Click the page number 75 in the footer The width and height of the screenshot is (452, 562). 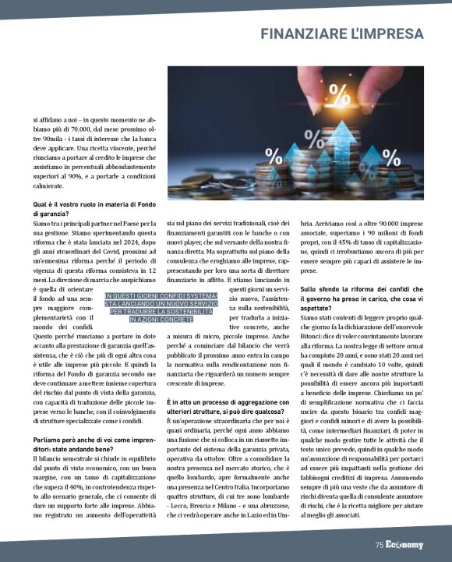pos(379,545)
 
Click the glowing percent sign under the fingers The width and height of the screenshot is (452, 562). pos(339,94)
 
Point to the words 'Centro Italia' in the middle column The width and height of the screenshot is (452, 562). pos(271,485)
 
